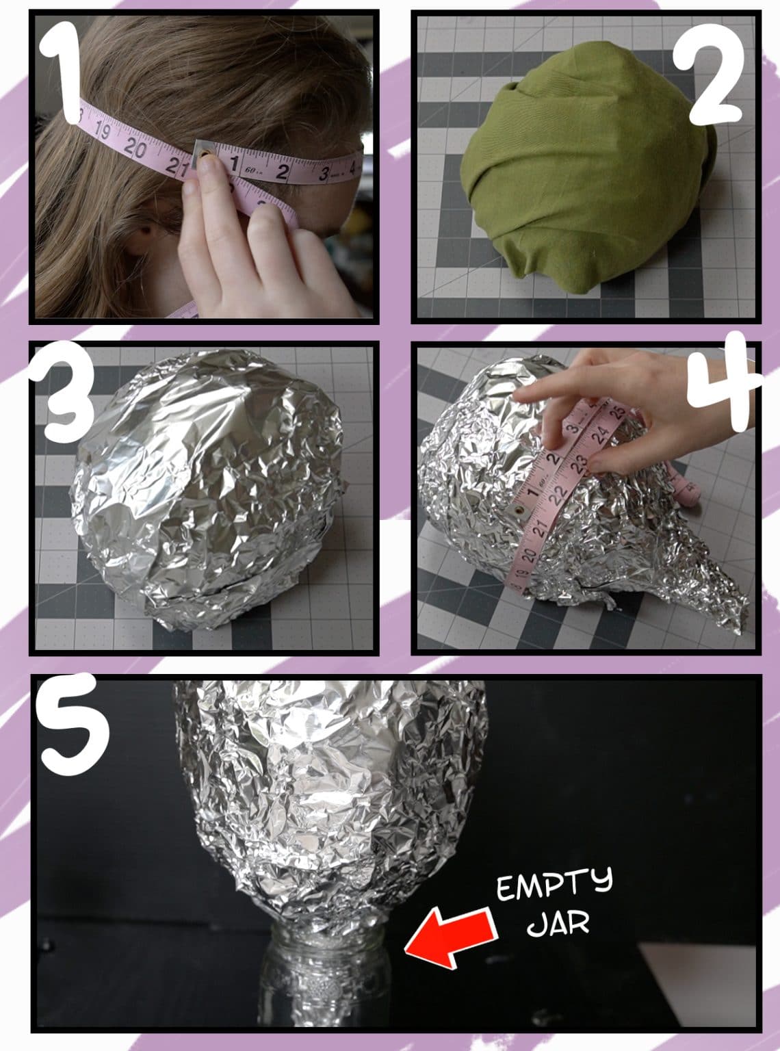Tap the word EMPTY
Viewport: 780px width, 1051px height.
pos(554,889)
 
